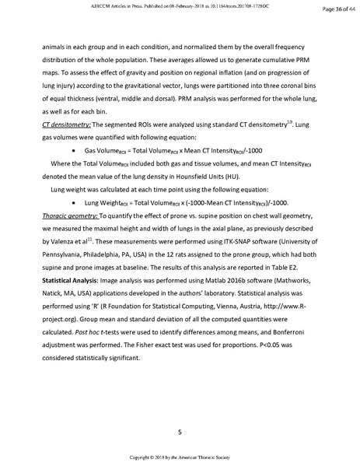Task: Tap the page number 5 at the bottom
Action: coord(180,408)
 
